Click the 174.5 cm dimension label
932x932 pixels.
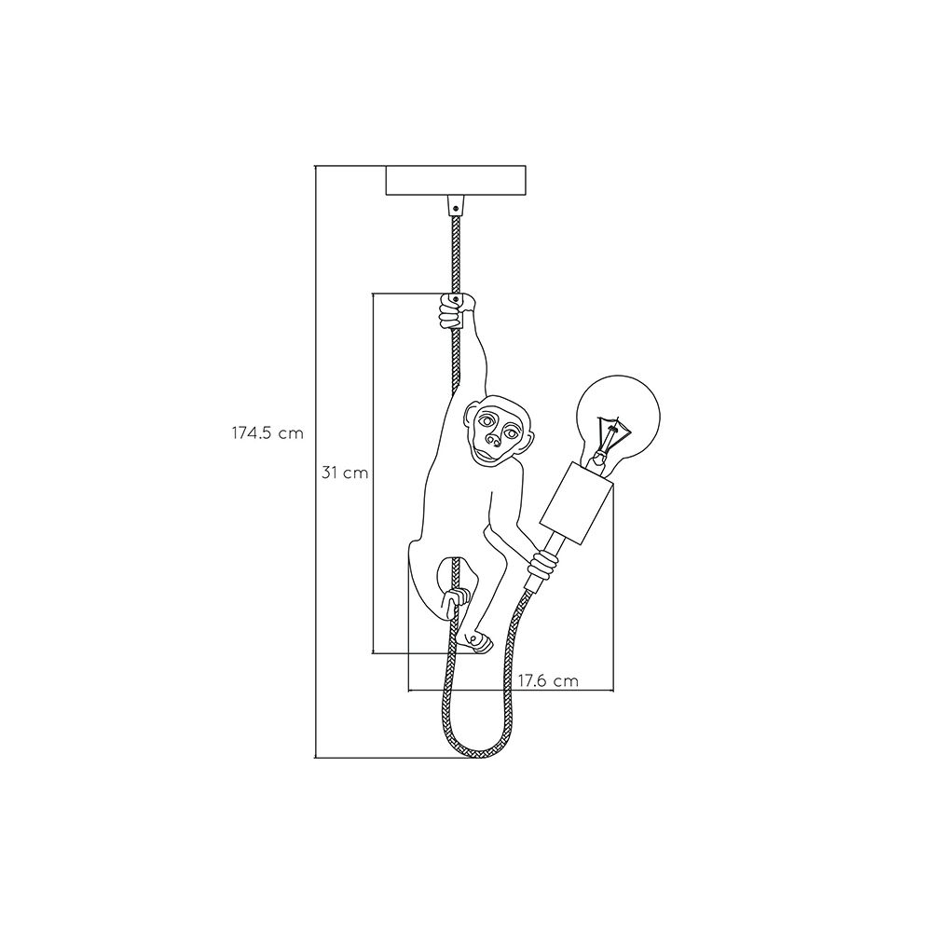tap(267, 432)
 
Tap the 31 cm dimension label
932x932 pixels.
tap(345, 473)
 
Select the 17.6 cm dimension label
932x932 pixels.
tap(548, 680)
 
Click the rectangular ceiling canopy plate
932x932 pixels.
tap(456, 181)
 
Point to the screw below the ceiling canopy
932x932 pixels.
tap(456, 209)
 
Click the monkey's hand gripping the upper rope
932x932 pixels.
tap(456, 311)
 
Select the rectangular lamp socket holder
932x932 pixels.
tap(576, 503)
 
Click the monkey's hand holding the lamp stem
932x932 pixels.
tap(544, 565)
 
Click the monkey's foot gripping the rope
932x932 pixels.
tap(457, 597)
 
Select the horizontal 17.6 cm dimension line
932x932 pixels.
tap(511, 691)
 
